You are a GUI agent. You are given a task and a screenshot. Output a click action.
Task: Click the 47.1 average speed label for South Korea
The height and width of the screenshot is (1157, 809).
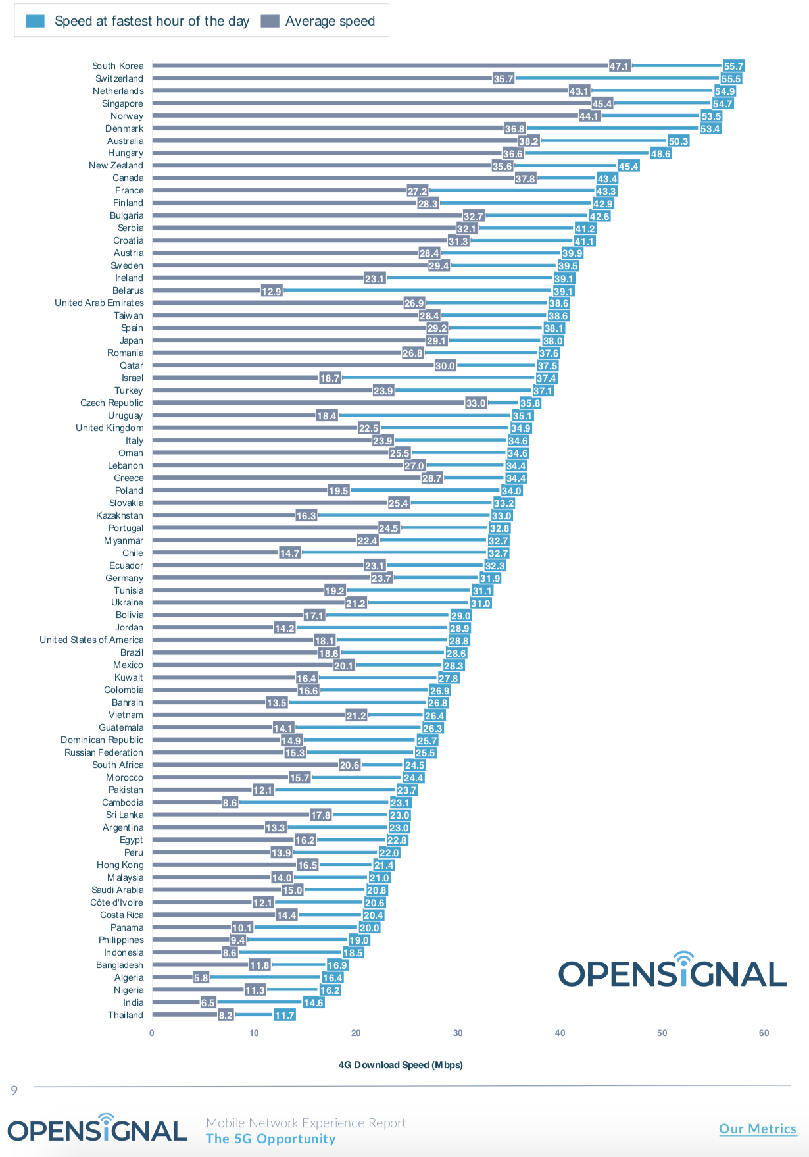click(x=619, y=66)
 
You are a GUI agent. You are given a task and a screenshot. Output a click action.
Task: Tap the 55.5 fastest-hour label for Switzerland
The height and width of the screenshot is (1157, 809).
click(x=731, y=78)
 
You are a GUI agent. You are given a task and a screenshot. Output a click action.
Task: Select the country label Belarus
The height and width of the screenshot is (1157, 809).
click(x=128, y=290)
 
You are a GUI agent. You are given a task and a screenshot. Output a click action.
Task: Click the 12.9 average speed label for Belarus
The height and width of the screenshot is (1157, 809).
click(x=271, y=291)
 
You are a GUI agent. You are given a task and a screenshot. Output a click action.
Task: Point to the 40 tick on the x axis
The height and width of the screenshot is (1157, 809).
click(x=560, y=1033)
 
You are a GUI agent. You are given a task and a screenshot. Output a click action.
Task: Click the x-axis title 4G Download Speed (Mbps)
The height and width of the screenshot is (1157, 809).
click(x=400, y=1064)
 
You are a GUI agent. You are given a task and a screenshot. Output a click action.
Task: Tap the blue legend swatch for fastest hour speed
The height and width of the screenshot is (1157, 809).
click(x=35, y=21)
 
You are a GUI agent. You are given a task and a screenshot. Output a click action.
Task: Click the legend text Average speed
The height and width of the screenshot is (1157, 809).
click(x=330, y=21)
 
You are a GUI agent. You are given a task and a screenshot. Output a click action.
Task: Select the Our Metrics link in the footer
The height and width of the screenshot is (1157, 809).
click(x=757, y=1129)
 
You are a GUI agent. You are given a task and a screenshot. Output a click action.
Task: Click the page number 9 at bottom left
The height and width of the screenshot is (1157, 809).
click(x=14, y=1091)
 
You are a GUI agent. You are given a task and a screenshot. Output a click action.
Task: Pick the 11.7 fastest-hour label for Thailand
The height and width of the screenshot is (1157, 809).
click(x=284, y=1015)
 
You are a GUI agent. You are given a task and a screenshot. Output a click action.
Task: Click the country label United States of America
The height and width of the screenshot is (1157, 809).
click(x=91, y=640)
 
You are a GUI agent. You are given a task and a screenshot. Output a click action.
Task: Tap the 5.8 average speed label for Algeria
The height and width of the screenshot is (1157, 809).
click(x=201, y=977)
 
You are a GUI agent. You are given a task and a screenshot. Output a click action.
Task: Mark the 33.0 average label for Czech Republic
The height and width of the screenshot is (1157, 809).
click(x=476, y=403)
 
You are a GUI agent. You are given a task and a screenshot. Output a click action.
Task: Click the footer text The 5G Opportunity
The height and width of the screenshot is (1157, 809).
click(x=270, y=1139)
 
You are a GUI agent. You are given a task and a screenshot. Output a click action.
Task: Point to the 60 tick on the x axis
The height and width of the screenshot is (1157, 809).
click(x=764, y=1033)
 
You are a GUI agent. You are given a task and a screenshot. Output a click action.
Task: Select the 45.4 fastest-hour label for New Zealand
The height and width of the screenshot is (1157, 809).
click(x=628, y=166)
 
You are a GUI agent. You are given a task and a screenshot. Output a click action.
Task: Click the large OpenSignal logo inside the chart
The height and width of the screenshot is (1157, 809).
click(x=672, y=971)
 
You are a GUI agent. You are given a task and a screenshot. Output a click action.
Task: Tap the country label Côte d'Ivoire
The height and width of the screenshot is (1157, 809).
click(x=116, y=902)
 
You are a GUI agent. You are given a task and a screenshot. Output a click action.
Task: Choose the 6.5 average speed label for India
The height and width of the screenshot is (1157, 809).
click(x=208, y=1002)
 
